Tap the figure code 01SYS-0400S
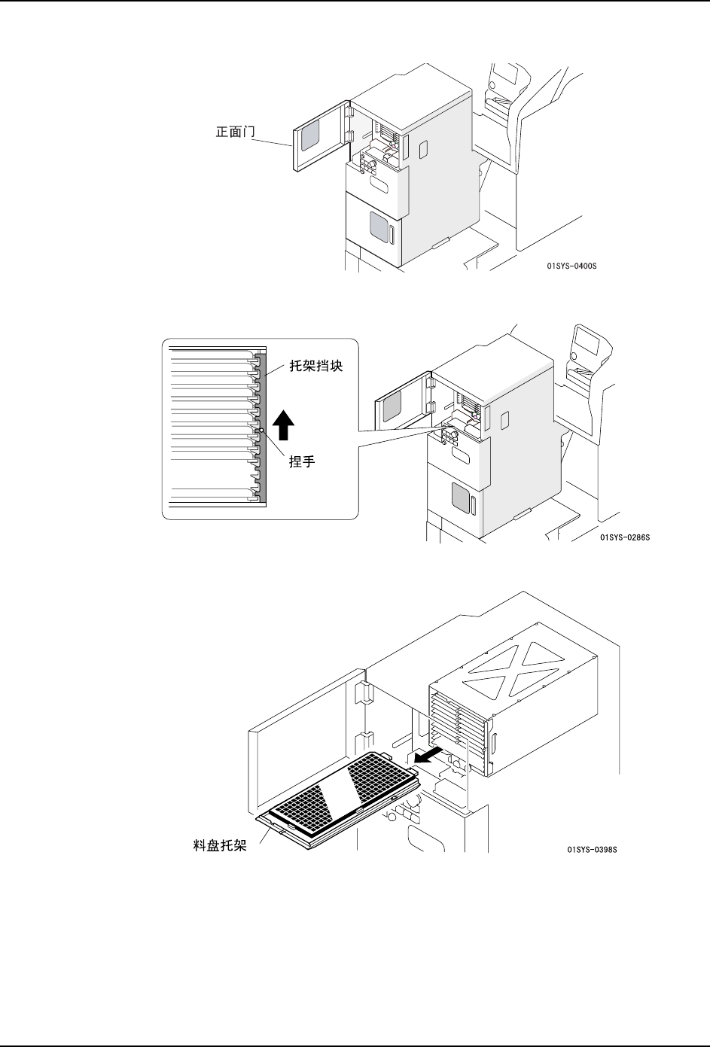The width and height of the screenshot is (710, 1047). pos(577,266)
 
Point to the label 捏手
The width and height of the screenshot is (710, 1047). pos(302,462)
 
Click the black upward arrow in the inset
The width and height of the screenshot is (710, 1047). pos(283,425)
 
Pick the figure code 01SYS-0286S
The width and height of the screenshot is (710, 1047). pos(624,537)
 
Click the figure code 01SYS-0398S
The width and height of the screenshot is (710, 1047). pos(591,851)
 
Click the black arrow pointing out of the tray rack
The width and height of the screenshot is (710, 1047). pos(425,755)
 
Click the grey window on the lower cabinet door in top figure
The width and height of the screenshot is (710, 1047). pos(379,226)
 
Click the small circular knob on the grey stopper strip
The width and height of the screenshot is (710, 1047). pos(261,431)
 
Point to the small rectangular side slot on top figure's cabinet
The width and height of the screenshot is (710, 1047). pos(423,148)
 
